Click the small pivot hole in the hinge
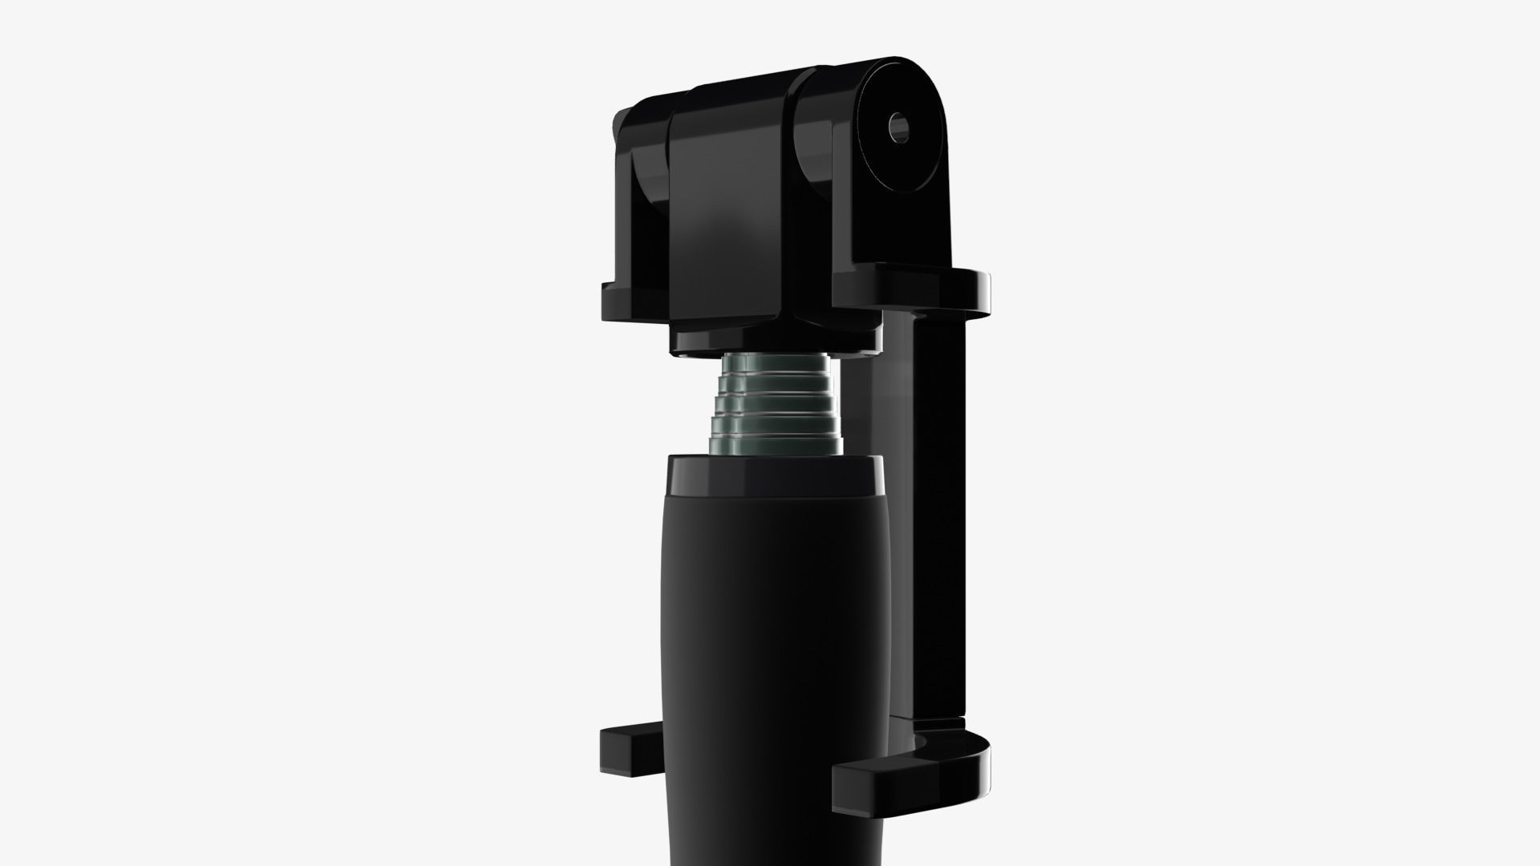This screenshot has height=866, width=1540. click(898, 127)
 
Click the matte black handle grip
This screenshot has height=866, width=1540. click(774, 641)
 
